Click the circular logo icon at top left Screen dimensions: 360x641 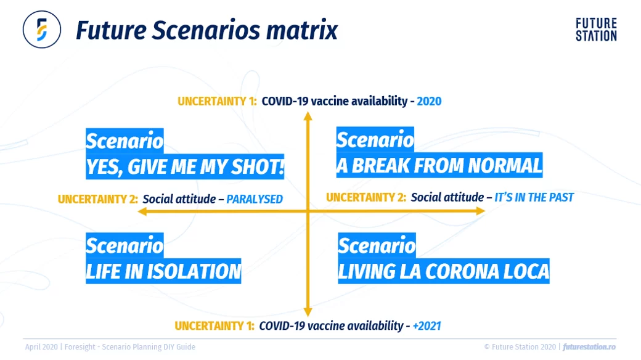(x=42, y=29)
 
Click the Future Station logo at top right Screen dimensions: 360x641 (x=595, y=30)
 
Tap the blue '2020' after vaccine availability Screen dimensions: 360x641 (x=429, y=101)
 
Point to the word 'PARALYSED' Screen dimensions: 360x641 (x=255, y=199)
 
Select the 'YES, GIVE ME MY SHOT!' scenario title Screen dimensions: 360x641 (x=185, y=167)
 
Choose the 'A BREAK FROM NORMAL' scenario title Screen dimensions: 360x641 (x=439, y=166)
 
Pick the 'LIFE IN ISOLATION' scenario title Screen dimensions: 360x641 (x=163, y=271)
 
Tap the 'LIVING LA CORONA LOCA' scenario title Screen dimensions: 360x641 (x=443, y=272)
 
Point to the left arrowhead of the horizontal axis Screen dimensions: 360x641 (x=142, y=211)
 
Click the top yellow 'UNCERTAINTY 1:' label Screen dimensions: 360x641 (x=217, y=101)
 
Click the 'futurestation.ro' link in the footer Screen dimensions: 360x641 (x=589, y=347)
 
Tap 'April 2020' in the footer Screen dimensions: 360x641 (x=41, y=347)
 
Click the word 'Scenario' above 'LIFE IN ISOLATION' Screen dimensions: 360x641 (x=125, y=245)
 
